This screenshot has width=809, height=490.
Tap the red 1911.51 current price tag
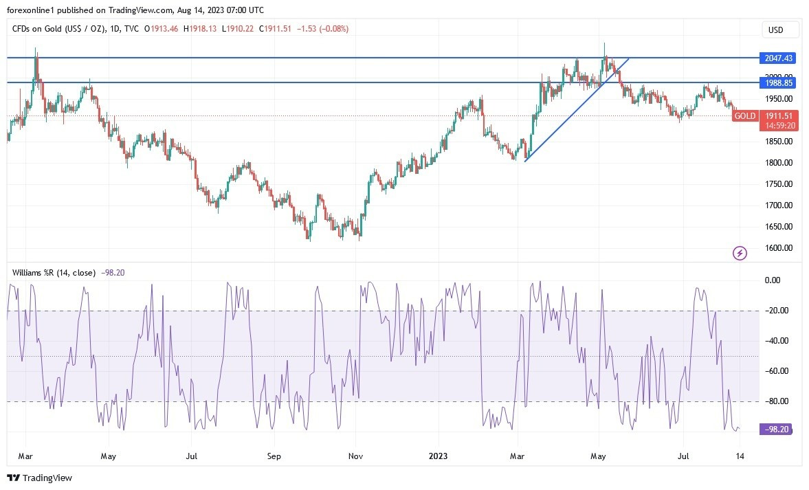[779, 116]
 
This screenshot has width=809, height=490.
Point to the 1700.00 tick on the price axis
[778, 205]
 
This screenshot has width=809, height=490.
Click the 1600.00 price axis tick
[778, 248]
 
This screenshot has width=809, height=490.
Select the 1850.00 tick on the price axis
[778, 142]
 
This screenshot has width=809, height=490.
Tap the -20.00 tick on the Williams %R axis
[777, 311]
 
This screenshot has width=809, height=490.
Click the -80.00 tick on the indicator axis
[777, 401]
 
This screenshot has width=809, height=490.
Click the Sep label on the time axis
[274, 456]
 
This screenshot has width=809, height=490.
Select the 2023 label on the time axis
[438, 456]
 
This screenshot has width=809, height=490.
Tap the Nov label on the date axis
[355, 456]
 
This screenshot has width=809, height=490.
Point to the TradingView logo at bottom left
[39, 478]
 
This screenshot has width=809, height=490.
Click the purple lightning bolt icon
[740, 254]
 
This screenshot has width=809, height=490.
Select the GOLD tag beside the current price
[745, 116]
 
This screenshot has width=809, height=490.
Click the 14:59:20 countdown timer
[779, 126]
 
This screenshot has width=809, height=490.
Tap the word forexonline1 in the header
[31, 9]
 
